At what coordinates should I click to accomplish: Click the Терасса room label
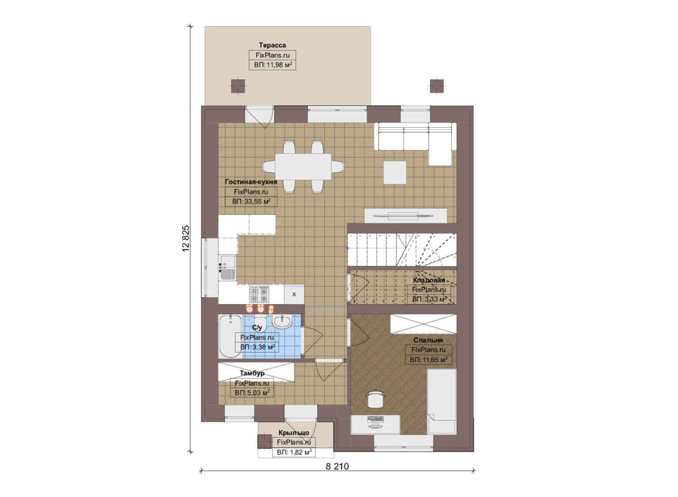(x=272, y=45)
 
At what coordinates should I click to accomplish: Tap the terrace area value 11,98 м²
(x=273, y=65)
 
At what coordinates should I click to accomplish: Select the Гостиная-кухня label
(x=251, y=182)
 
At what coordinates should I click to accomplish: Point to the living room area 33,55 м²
(x=251, y=202)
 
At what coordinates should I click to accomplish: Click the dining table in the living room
(x=303, y=166)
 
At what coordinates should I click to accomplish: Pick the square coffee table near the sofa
(x=395, y=172)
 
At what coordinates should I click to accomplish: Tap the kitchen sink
(x=228, y=267)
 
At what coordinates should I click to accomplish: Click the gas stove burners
(x=259, y=294)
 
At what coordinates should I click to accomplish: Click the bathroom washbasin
(x=282, y=321)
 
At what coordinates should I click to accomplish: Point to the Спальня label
(x=428, y=340)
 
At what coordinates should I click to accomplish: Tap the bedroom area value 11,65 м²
(x=429, y=360)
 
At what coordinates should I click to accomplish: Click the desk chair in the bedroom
(x=375, y=398)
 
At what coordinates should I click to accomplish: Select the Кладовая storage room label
(x=429, y=280)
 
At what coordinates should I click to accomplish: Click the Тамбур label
(x=252, y=373)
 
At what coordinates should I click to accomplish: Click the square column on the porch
(x=264, y=442)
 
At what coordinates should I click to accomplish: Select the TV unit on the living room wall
(x=406, y=216)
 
